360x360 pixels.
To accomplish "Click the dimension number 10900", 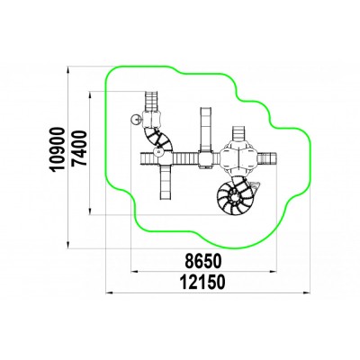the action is pos(58,149).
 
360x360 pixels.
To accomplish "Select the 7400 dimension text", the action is pos(79,148).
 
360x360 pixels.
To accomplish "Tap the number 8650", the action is pos(203,261).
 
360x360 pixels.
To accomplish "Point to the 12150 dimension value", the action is pos(202,283).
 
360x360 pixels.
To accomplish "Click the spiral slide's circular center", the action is pos(234,197).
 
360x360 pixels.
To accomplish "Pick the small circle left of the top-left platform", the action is pos(136,120).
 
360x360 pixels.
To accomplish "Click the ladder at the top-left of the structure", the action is pos(151,102).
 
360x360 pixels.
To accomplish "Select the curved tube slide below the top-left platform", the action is pos(157,138).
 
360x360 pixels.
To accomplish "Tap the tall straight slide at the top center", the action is pos(206,130).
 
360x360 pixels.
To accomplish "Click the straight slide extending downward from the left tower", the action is pos(166,182).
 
